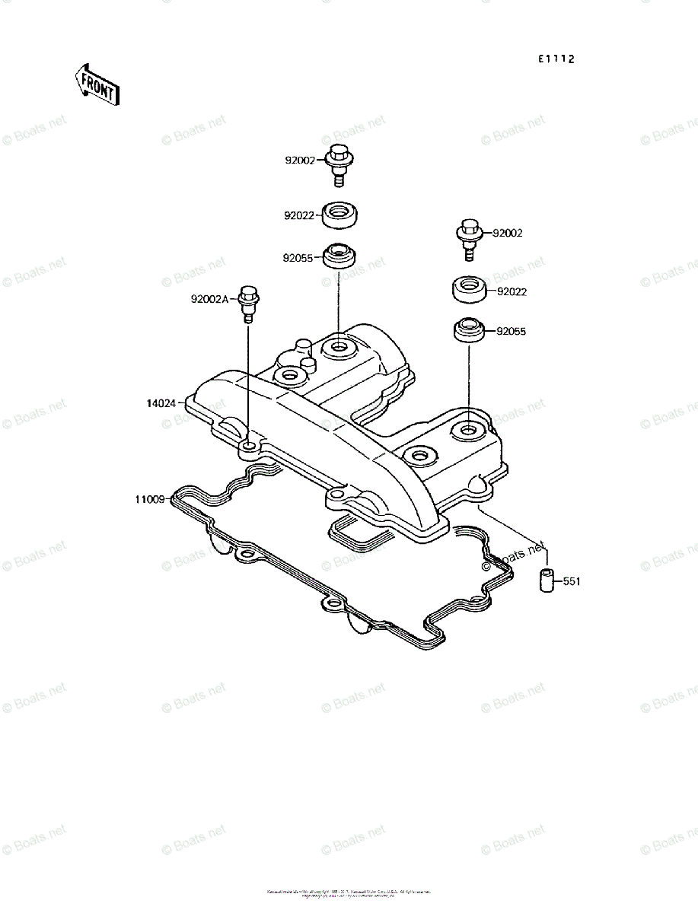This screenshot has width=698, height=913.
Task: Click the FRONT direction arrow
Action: [96, 84]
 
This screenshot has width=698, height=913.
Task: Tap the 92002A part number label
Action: [209, 299]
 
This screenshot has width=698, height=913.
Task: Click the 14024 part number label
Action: [161, 402]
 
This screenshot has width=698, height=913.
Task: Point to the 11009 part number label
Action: [149, 500]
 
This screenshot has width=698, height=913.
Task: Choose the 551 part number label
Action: [572, 582]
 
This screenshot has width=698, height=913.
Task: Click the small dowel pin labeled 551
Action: [545, 581]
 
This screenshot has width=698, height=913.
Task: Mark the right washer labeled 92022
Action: [469, 291]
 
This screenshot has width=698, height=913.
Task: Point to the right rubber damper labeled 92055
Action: [470, 331]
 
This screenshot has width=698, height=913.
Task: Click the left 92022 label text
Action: [299, 216]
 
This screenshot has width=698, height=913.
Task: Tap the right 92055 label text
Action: [511, 332]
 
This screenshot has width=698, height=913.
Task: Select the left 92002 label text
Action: [300, 161]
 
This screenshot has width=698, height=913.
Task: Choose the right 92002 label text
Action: [508, 234]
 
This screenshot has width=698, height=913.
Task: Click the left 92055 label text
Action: [298, 258]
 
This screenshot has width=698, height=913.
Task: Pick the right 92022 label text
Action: [512, 291]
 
